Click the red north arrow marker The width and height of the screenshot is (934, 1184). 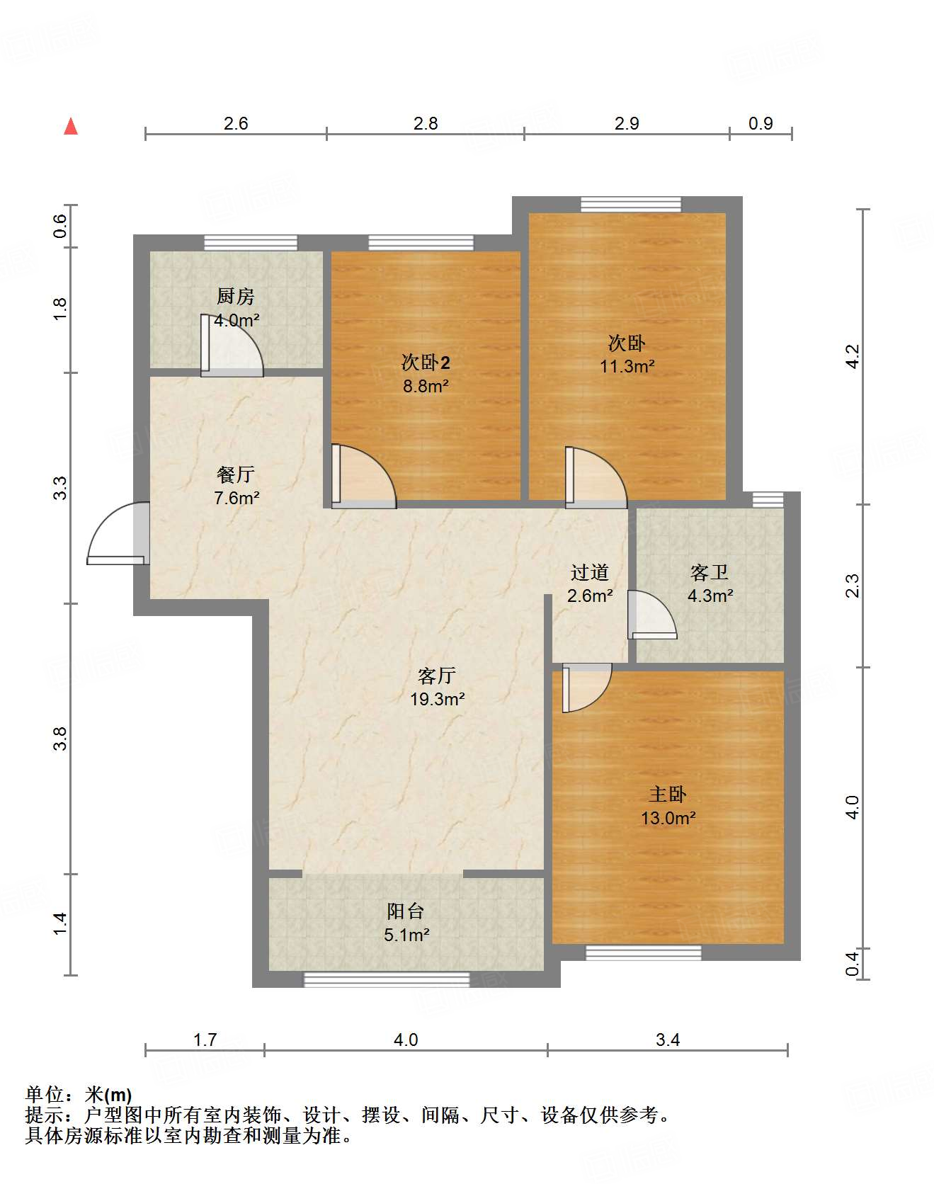(71, 127)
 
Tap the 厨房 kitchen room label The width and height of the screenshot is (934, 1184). (235, 296)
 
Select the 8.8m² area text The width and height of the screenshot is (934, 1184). (426, 387)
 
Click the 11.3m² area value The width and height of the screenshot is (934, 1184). (627, 367)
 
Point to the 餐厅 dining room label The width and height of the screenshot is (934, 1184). (235, 474)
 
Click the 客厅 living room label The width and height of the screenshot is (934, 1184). (436, 676)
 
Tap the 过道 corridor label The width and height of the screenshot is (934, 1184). (589, 572)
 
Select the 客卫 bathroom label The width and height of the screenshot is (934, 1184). (709, 572)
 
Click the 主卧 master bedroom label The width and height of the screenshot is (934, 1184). (667, 795)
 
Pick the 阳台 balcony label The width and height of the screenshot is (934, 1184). (405, 911)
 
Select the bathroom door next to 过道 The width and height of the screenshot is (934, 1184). (651, 615)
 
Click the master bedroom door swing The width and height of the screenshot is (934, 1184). (586, 687)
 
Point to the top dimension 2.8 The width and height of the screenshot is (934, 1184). (426, 124)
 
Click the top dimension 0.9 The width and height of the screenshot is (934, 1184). (761, 124)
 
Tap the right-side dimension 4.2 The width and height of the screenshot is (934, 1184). (853, 356)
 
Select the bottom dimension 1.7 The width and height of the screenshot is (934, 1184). (205, 1040)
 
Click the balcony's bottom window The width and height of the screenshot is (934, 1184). (387, 980)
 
